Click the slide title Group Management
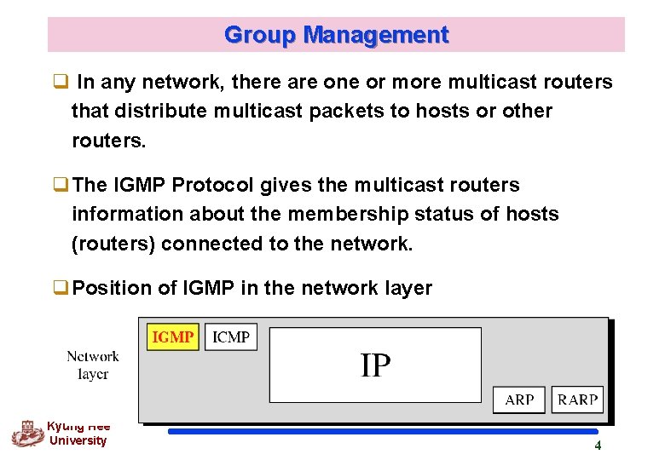coord(336,35)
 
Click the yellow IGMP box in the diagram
coord(173,337)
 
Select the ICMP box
coord(231,337)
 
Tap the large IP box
coord(375,365)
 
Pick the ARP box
coord(519,399)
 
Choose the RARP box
coord(577,399)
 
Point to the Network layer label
coord(93,365)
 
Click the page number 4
coord(598,446)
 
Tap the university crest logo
coord(26,434)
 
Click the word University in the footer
coord(78,440)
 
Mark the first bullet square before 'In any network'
coord(61,83)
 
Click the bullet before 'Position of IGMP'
coord(61,289)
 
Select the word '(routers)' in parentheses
coord(113,244)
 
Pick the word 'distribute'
coord(161,111)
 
